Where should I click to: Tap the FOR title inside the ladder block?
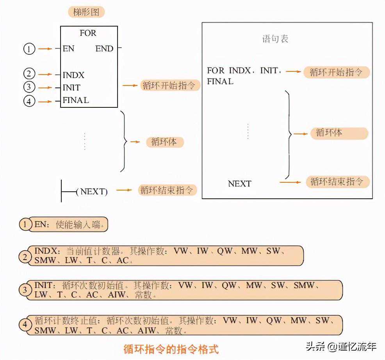(x=88, y=33)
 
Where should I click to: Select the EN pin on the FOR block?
(x=68, y=49)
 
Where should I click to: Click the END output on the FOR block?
(x=104, y=49)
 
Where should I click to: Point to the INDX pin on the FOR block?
(x=73, y=75)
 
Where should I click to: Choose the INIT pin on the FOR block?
(x=71, y=87)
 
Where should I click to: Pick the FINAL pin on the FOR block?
(x=76, y=100)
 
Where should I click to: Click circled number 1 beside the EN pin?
(x=29, y=49)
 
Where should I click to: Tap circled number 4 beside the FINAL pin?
(x=29, y=102)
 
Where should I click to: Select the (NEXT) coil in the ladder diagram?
(x=92, y=192)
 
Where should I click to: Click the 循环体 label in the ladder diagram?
(x=164, y=142)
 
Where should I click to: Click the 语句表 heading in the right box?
(x=275, y=39)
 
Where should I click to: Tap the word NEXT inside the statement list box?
(x=239, y=184)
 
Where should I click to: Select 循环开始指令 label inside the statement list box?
(x=336, y=72)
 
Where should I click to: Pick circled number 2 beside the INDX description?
(x=25, y=257)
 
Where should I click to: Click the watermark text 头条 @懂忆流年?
(x=340, y=346)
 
